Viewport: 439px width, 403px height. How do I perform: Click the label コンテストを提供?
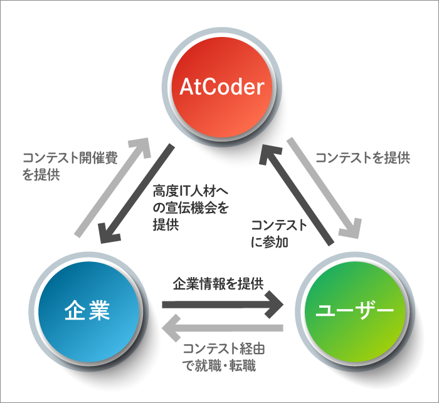point(362,158)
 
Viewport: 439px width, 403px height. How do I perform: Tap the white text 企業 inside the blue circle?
point(88,310)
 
